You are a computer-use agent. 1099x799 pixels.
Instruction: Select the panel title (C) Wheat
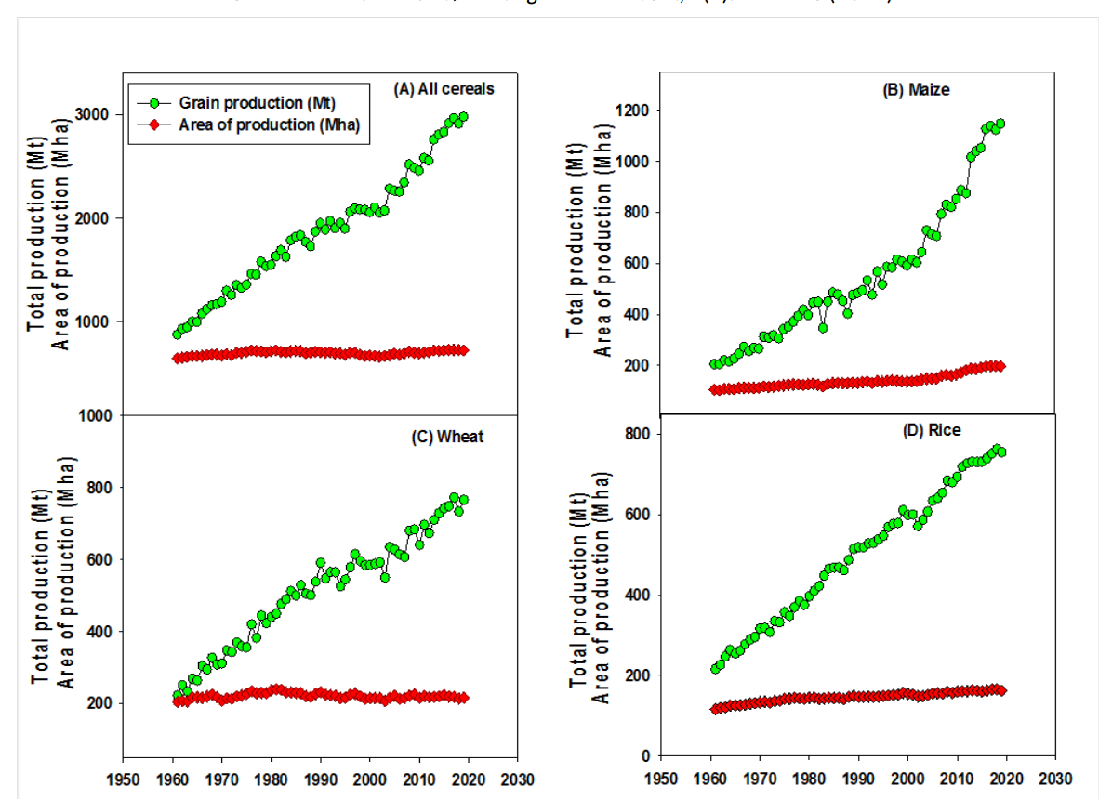point(447,437)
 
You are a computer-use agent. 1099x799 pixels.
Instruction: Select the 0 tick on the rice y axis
point(645,755)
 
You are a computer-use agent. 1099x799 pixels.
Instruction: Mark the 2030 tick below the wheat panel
point(519,779)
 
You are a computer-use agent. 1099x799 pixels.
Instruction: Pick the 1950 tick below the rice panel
point(661,779)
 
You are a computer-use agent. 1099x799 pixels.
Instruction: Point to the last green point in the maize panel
point(1000,124)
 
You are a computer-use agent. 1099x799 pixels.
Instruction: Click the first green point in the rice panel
point(715,668)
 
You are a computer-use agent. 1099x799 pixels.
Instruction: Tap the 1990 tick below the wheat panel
point(320,779)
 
